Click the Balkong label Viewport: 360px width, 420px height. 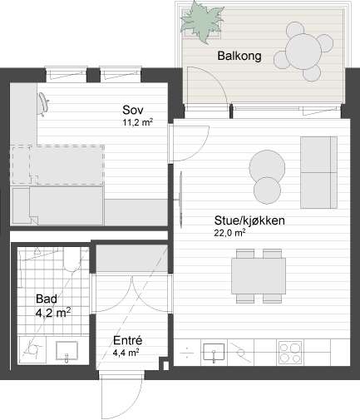click(239, 56)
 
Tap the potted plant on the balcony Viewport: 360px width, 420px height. click(201, 22)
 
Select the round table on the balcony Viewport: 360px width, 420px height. click(303, 52)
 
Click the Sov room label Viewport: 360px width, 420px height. click(133, 110)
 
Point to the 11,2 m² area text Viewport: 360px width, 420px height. click(138, 122)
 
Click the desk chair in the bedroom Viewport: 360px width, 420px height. click(43, 104)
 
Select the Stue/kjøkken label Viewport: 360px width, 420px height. click(249, 220)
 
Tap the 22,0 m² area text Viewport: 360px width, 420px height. click(229, 233)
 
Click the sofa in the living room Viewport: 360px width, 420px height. click(318, 172)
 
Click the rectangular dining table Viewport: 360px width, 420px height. click(259, 276)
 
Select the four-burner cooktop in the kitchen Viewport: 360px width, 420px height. click(290, 352)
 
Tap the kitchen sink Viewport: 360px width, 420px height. click(214, 352)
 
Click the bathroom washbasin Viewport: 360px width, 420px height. click(67, 351)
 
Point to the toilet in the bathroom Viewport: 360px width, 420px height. click(72, 259)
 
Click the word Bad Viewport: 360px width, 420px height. click(47, 299)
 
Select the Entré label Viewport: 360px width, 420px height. click(128, 340)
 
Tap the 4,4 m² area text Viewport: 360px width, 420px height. click(126, 353)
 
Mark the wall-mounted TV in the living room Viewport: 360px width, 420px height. click(180, 200)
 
